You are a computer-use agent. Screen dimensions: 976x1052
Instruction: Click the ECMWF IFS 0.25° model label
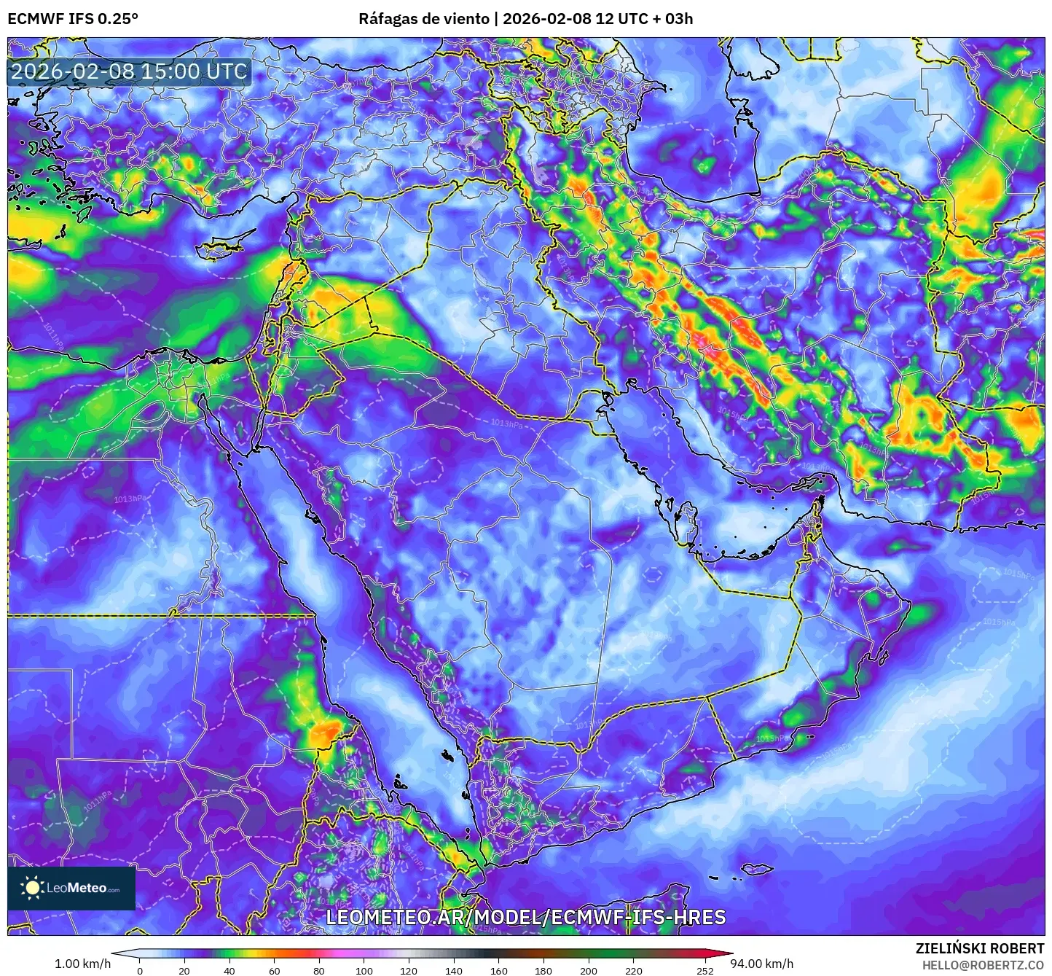point(73,19)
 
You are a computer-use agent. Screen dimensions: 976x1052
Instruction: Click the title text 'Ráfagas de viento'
point(424,19)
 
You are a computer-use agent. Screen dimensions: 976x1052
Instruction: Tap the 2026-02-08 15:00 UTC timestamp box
point(129,71)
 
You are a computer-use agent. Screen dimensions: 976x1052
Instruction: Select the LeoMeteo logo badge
point(71,888)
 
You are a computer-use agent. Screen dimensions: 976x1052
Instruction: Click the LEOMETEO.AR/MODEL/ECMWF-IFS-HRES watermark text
point(525,917)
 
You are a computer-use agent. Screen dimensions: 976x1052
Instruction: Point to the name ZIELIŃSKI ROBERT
point(979,948)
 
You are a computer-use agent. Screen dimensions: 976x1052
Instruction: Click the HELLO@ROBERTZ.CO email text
point(983,964)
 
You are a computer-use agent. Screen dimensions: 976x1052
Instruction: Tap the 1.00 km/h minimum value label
point(82,964)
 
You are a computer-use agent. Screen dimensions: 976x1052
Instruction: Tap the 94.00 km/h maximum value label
point(762,964)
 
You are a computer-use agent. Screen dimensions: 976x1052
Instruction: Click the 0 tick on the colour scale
point(140,971)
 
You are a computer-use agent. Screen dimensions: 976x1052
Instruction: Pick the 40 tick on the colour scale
point(229,971)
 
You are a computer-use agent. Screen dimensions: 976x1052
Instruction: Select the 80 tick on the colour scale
point(319,971)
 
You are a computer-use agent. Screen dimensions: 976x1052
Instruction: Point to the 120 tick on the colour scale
point(409,971)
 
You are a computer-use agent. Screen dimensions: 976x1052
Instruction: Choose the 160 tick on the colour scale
point(499,971)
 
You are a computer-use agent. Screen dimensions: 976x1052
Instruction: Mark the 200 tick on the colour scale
point(589,971)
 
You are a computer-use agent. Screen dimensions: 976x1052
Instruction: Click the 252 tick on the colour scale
point(704,971)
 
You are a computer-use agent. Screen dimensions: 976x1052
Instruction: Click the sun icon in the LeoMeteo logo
point(32,887)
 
